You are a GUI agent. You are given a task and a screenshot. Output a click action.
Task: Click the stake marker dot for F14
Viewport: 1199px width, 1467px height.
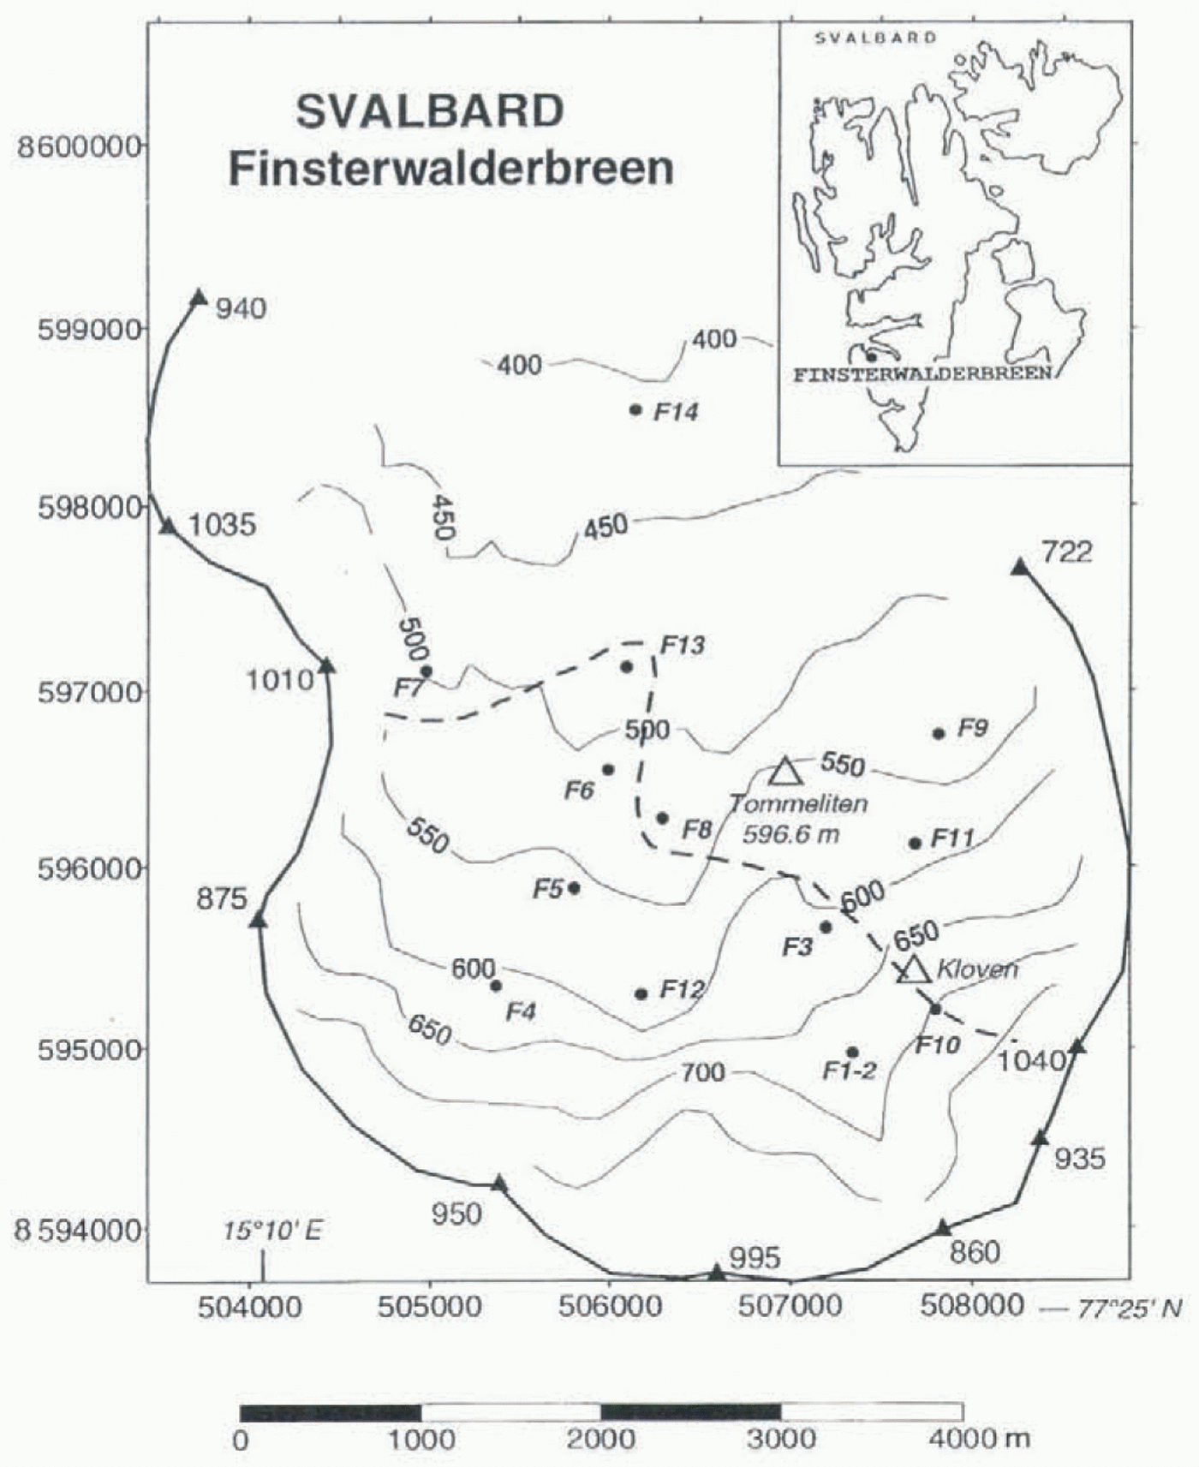pos(635,410)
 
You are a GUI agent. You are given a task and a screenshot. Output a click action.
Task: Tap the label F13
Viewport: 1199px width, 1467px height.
pos(683,645)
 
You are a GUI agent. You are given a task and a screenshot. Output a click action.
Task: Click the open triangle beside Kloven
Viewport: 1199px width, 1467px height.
pos(914,969)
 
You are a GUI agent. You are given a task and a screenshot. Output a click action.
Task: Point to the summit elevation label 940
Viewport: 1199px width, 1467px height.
pos(241,307)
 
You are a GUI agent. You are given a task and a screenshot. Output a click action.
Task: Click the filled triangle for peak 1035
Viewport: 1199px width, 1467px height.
pos(169,526)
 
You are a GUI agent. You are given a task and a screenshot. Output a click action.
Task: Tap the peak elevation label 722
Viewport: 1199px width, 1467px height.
pos(1067,552)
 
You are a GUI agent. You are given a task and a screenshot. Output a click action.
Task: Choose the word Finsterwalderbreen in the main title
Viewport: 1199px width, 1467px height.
pos(450,168)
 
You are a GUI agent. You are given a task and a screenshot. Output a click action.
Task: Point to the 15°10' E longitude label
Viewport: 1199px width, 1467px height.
pos(272,1231)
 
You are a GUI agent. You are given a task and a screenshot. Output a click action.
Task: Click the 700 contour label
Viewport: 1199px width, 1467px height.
pos(703,1071)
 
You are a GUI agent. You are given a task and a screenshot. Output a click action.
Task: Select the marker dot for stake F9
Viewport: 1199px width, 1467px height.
pos(939,733)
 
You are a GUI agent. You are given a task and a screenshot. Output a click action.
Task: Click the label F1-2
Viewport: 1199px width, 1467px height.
pos(849,1070)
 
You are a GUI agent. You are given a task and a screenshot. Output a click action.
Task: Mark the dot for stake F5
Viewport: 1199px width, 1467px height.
pos(574,888)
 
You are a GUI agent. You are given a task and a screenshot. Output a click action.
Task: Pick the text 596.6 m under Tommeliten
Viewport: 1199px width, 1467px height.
pos(790,833)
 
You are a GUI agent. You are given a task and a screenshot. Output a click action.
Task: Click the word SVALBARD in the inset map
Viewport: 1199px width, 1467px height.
pos(875,38)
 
